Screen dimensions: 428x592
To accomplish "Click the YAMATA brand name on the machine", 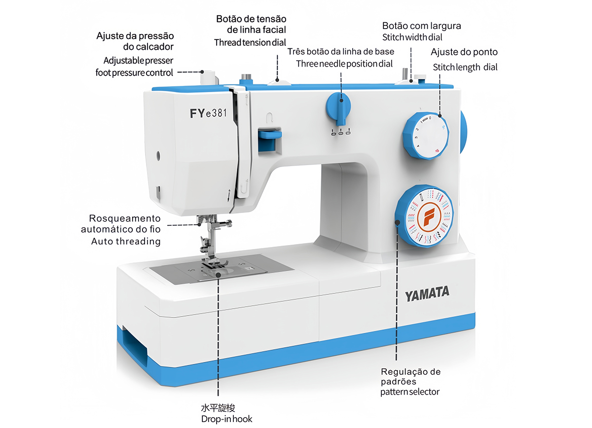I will (427, 294).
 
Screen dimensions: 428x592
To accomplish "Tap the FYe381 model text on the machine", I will (208, 113).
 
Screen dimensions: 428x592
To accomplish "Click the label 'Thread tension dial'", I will (250, 42).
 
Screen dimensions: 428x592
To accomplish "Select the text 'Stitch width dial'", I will (412, 37).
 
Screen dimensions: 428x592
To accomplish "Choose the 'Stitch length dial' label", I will (465, 67).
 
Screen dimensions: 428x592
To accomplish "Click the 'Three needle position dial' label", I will (344, 64).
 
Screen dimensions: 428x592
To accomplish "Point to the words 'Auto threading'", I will (126, 241).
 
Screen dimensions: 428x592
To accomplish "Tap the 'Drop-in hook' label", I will (226, 419).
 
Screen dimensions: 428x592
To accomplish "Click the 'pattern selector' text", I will (409, 392).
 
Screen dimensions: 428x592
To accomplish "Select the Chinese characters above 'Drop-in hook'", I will (218, 408).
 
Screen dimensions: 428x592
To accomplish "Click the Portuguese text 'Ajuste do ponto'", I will (464, 52).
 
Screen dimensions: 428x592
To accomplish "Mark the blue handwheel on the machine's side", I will (464, 132).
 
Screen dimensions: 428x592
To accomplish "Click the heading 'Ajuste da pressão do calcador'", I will (135, 41).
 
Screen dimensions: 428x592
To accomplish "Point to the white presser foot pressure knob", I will (208, 78).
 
